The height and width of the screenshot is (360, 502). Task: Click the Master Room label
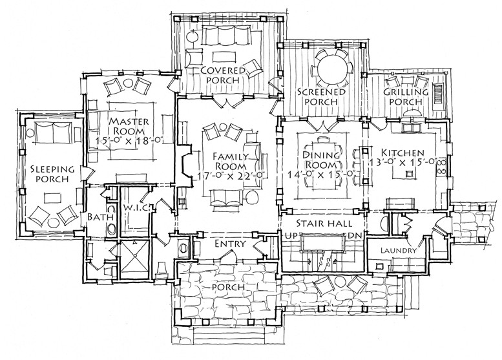pos(129,126)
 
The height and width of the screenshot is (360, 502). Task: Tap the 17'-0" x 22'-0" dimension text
pos(232,175)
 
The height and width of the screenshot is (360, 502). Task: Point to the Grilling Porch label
pos(406,97)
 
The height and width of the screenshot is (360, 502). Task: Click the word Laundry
pos(398,251)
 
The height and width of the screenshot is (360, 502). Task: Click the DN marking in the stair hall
pos(356,236)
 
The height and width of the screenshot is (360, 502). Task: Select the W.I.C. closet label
pos(136,207)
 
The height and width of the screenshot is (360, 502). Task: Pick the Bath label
pos(101,217)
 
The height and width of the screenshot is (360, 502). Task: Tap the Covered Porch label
pos(222,75)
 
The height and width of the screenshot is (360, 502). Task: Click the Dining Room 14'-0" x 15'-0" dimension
pos(322,173)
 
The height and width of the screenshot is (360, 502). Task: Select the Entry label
pos(230,244)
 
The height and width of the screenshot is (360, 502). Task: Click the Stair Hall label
pos(324,224)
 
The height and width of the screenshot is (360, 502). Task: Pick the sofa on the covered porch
pos(227,36)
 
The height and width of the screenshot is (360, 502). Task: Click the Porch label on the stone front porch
pos(229,287)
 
